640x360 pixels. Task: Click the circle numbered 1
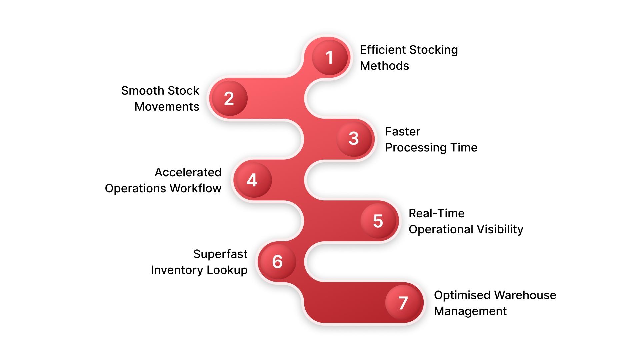(330, 57)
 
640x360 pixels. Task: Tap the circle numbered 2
(229, 98)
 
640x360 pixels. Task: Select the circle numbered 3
(354, 139)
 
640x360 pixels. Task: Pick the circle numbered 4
(252, 180)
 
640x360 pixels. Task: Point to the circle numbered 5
(378, 221)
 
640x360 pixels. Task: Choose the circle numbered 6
(277, 262)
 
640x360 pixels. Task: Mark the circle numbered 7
(403, 303)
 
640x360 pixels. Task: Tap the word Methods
(384, 66)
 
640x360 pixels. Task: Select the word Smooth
(142, 91)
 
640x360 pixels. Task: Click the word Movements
(167, 107)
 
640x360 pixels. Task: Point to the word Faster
(403, 131)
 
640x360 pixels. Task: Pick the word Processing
(416, 148)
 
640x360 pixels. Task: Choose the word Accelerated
(188, 172)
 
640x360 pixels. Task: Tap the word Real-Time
(436, 213)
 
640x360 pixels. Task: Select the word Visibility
(500, 229)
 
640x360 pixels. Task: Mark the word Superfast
(220, 254)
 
